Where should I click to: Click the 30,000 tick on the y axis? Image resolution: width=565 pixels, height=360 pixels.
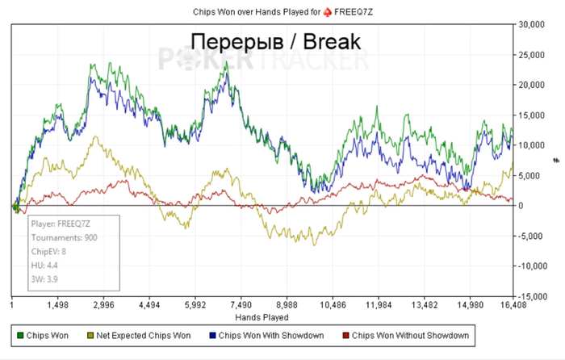pos(532,24)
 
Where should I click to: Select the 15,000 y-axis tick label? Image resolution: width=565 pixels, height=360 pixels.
pos(532,115)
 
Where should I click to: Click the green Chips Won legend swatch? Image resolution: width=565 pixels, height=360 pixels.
pos(20,335)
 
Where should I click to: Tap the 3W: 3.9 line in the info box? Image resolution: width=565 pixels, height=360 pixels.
pos(45,279)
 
